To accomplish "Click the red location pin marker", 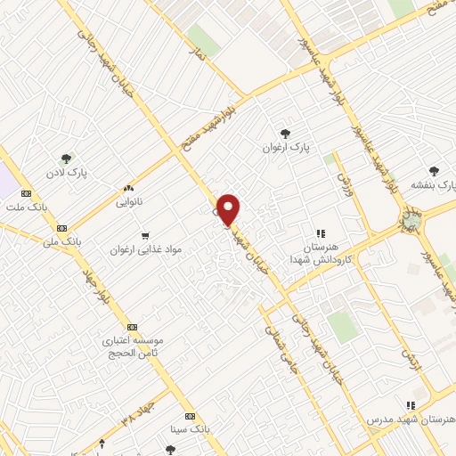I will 229,208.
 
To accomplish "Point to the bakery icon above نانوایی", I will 128,188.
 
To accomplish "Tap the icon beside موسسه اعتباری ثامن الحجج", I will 132,327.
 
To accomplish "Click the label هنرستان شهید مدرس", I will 409,418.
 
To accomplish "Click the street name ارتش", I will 409,359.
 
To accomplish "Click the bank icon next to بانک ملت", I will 26,192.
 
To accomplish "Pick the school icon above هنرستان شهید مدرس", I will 410,403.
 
